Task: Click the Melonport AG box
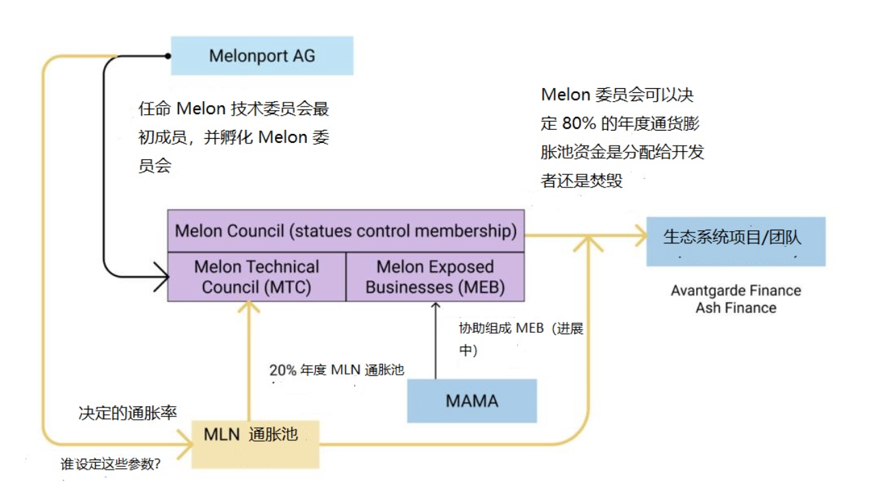(x=262, y=55)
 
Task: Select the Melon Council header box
(x=346, y=231)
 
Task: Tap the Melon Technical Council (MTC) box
(x=256, y=277)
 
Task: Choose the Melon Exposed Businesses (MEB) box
(x=435, y=277)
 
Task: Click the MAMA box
(x=472, y=401)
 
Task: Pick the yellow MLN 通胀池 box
(x=256, y=444)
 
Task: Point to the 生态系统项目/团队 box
(x=736, y=241)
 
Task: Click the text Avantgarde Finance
(x=736, y=291)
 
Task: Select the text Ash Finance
(x=736, y=308)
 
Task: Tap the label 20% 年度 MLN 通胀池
(x=337, y=370)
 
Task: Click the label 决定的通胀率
(x=128, y=413)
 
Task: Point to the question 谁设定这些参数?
(x=111, y=463)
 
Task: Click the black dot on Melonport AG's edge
(x=167, y=56)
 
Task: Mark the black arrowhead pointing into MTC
(x=161, y=277)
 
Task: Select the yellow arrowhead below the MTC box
(x=249, y=307)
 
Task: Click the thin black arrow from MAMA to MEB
(x=435, y=340)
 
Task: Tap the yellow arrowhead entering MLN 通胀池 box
(x=185, y=444)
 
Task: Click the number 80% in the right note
(x=579, y=123)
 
